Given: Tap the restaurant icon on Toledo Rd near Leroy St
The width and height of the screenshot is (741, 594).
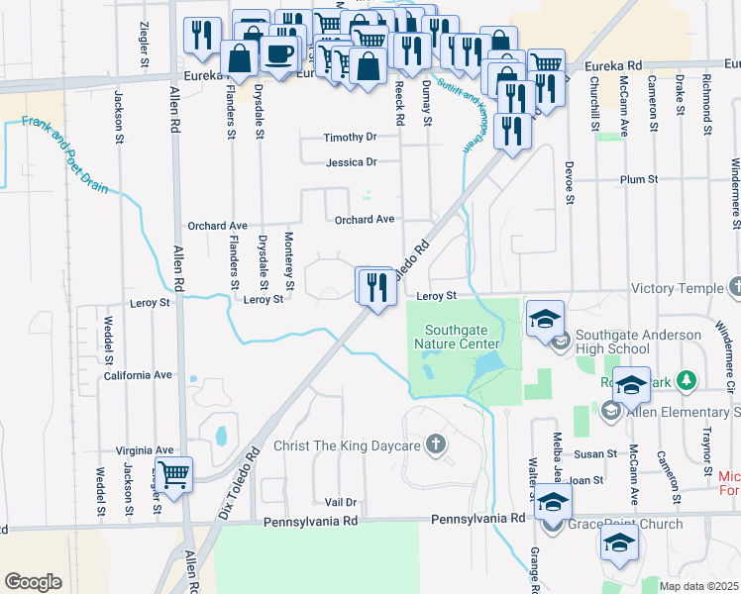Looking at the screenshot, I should click(375, 287).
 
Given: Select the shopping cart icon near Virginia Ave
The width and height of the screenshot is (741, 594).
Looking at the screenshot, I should click(173, 474).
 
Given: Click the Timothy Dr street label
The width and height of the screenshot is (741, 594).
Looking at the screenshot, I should click(351, 138).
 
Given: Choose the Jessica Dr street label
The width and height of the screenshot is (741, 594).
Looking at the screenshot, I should click(352, 162).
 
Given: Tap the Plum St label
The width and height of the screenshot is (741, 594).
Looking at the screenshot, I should click(638, 179).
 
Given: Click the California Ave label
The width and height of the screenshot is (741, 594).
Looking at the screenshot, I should click(139, 375).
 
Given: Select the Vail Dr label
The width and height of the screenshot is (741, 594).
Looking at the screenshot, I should click(340, 503).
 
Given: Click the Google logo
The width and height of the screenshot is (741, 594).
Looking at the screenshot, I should click(33, 582).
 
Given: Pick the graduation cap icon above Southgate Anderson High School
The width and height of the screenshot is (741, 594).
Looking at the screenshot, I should click(545, 319).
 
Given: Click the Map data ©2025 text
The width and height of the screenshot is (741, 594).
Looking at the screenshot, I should click(699, 586).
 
